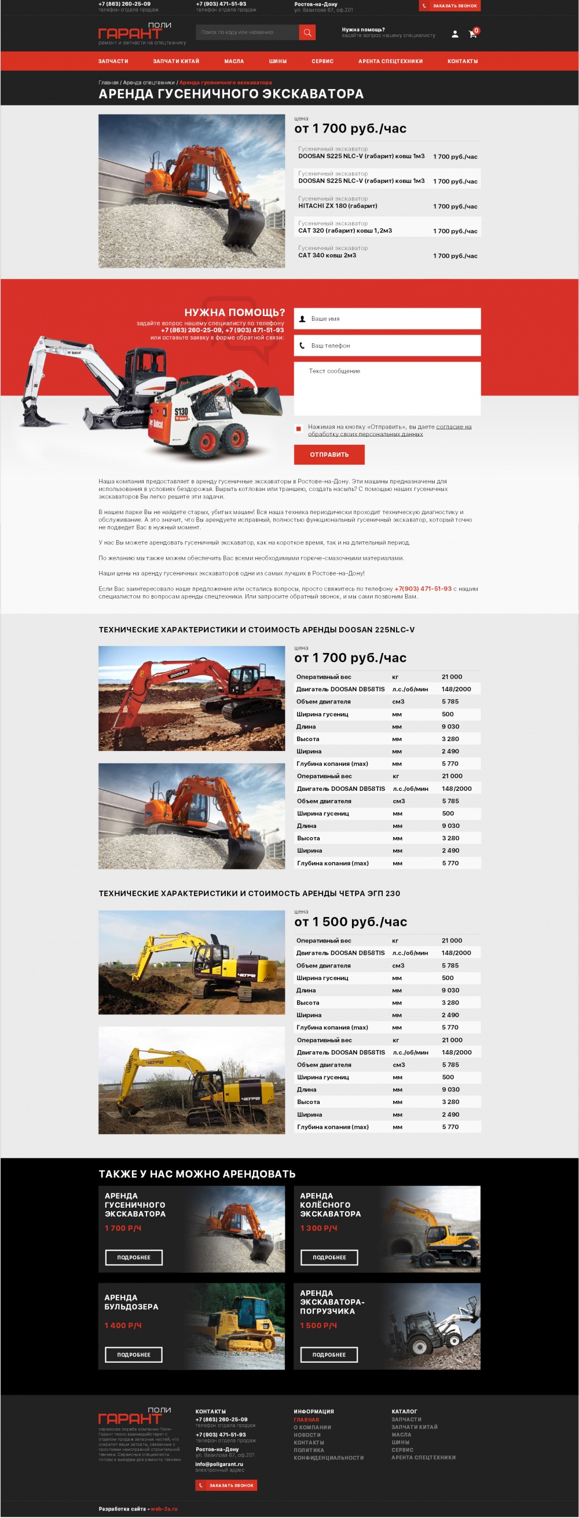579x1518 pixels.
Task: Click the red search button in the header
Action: (x=307, y=32)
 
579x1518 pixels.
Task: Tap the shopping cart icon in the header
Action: (x=472, y=34)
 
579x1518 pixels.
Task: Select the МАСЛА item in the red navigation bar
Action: (x=233, y=61)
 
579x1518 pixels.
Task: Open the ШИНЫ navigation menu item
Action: (x=278, y=61)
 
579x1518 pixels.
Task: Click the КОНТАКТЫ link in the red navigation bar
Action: (x=462, y=61)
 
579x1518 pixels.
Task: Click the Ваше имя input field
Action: (x=387, y=319)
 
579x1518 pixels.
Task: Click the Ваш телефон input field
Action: (x=387, y=346)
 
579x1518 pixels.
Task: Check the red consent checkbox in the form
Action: (x=299, y=428)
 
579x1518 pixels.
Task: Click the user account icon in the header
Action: (x=455, y=34)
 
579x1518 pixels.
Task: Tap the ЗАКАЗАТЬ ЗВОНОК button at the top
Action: (x=449, y=6)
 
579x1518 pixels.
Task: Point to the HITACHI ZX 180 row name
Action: (x=338, y=206)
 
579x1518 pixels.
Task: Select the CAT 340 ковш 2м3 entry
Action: (x=327, y=256)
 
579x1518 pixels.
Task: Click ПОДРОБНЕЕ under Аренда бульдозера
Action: (x=134, y=1355)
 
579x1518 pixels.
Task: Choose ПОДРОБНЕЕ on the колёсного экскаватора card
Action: (x=329, y=1257)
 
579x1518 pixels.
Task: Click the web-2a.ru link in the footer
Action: (x=164, y=1509)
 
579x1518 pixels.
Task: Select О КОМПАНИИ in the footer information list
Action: (x=313, y=1428)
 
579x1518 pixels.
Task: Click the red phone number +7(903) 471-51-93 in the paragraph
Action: (x=423, y=589)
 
